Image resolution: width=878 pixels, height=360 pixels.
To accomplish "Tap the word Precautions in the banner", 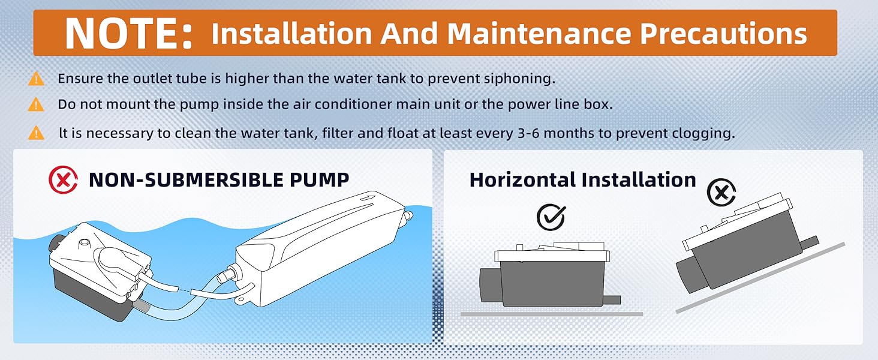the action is pyautogui.click(x=723, y=34).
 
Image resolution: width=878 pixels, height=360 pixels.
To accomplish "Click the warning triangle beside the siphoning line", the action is pyautogui.click(x=36, y=79).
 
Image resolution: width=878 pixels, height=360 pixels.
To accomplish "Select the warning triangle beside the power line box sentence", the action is pyautogui.click(x=36, y=104).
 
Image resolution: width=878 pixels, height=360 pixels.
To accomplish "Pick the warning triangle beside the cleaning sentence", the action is pyautogui.click(x=36, y=133).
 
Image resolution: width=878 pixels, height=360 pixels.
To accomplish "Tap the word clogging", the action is pyautogui.click(x=703, y=134).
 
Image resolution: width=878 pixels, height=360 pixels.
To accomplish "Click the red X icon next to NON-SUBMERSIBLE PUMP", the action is pyautogui.click(x=63, y=180).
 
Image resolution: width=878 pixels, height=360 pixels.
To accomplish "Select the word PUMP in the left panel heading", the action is pyautogui.click(x=320, y=180).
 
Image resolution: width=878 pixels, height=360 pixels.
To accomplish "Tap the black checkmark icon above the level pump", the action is pyautogui.click(x=551, y=217).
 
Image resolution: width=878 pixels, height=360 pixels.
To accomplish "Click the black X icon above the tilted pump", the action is pyautogui.click(x=721, y=193).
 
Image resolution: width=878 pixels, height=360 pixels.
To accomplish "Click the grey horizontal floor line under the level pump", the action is pyautogui.click(x=552, y=314).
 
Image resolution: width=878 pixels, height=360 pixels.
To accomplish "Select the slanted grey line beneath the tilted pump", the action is pyautogui.click(x=760, y=278).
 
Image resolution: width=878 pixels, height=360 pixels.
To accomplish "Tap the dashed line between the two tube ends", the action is pyautogui.click(x=184, y=290).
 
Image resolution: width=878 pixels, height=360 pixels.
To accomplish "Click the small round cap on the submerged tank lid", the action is pyautogui.click(x=85, y=243).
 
